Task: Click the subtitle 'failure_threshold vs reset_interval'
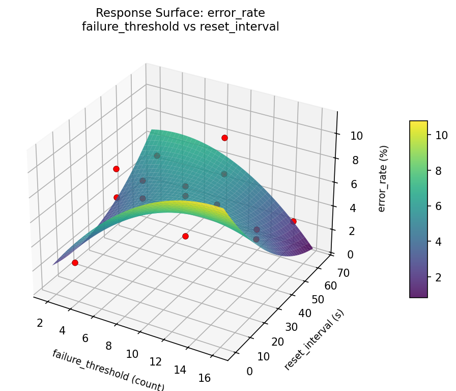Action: tap(180, 27)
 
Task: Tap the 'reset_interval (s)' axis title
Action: tap(313, 340)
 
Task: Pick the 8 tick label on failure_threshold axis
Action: tap(108, 346)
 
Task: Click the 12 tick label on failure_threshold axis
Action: tap(156, 361)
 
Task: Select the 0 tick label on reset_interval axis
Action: tap(249, 371)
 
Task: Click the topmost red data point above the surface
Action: tap(224, 138)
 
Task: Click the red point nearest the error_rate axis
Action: tap(293, 221)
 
